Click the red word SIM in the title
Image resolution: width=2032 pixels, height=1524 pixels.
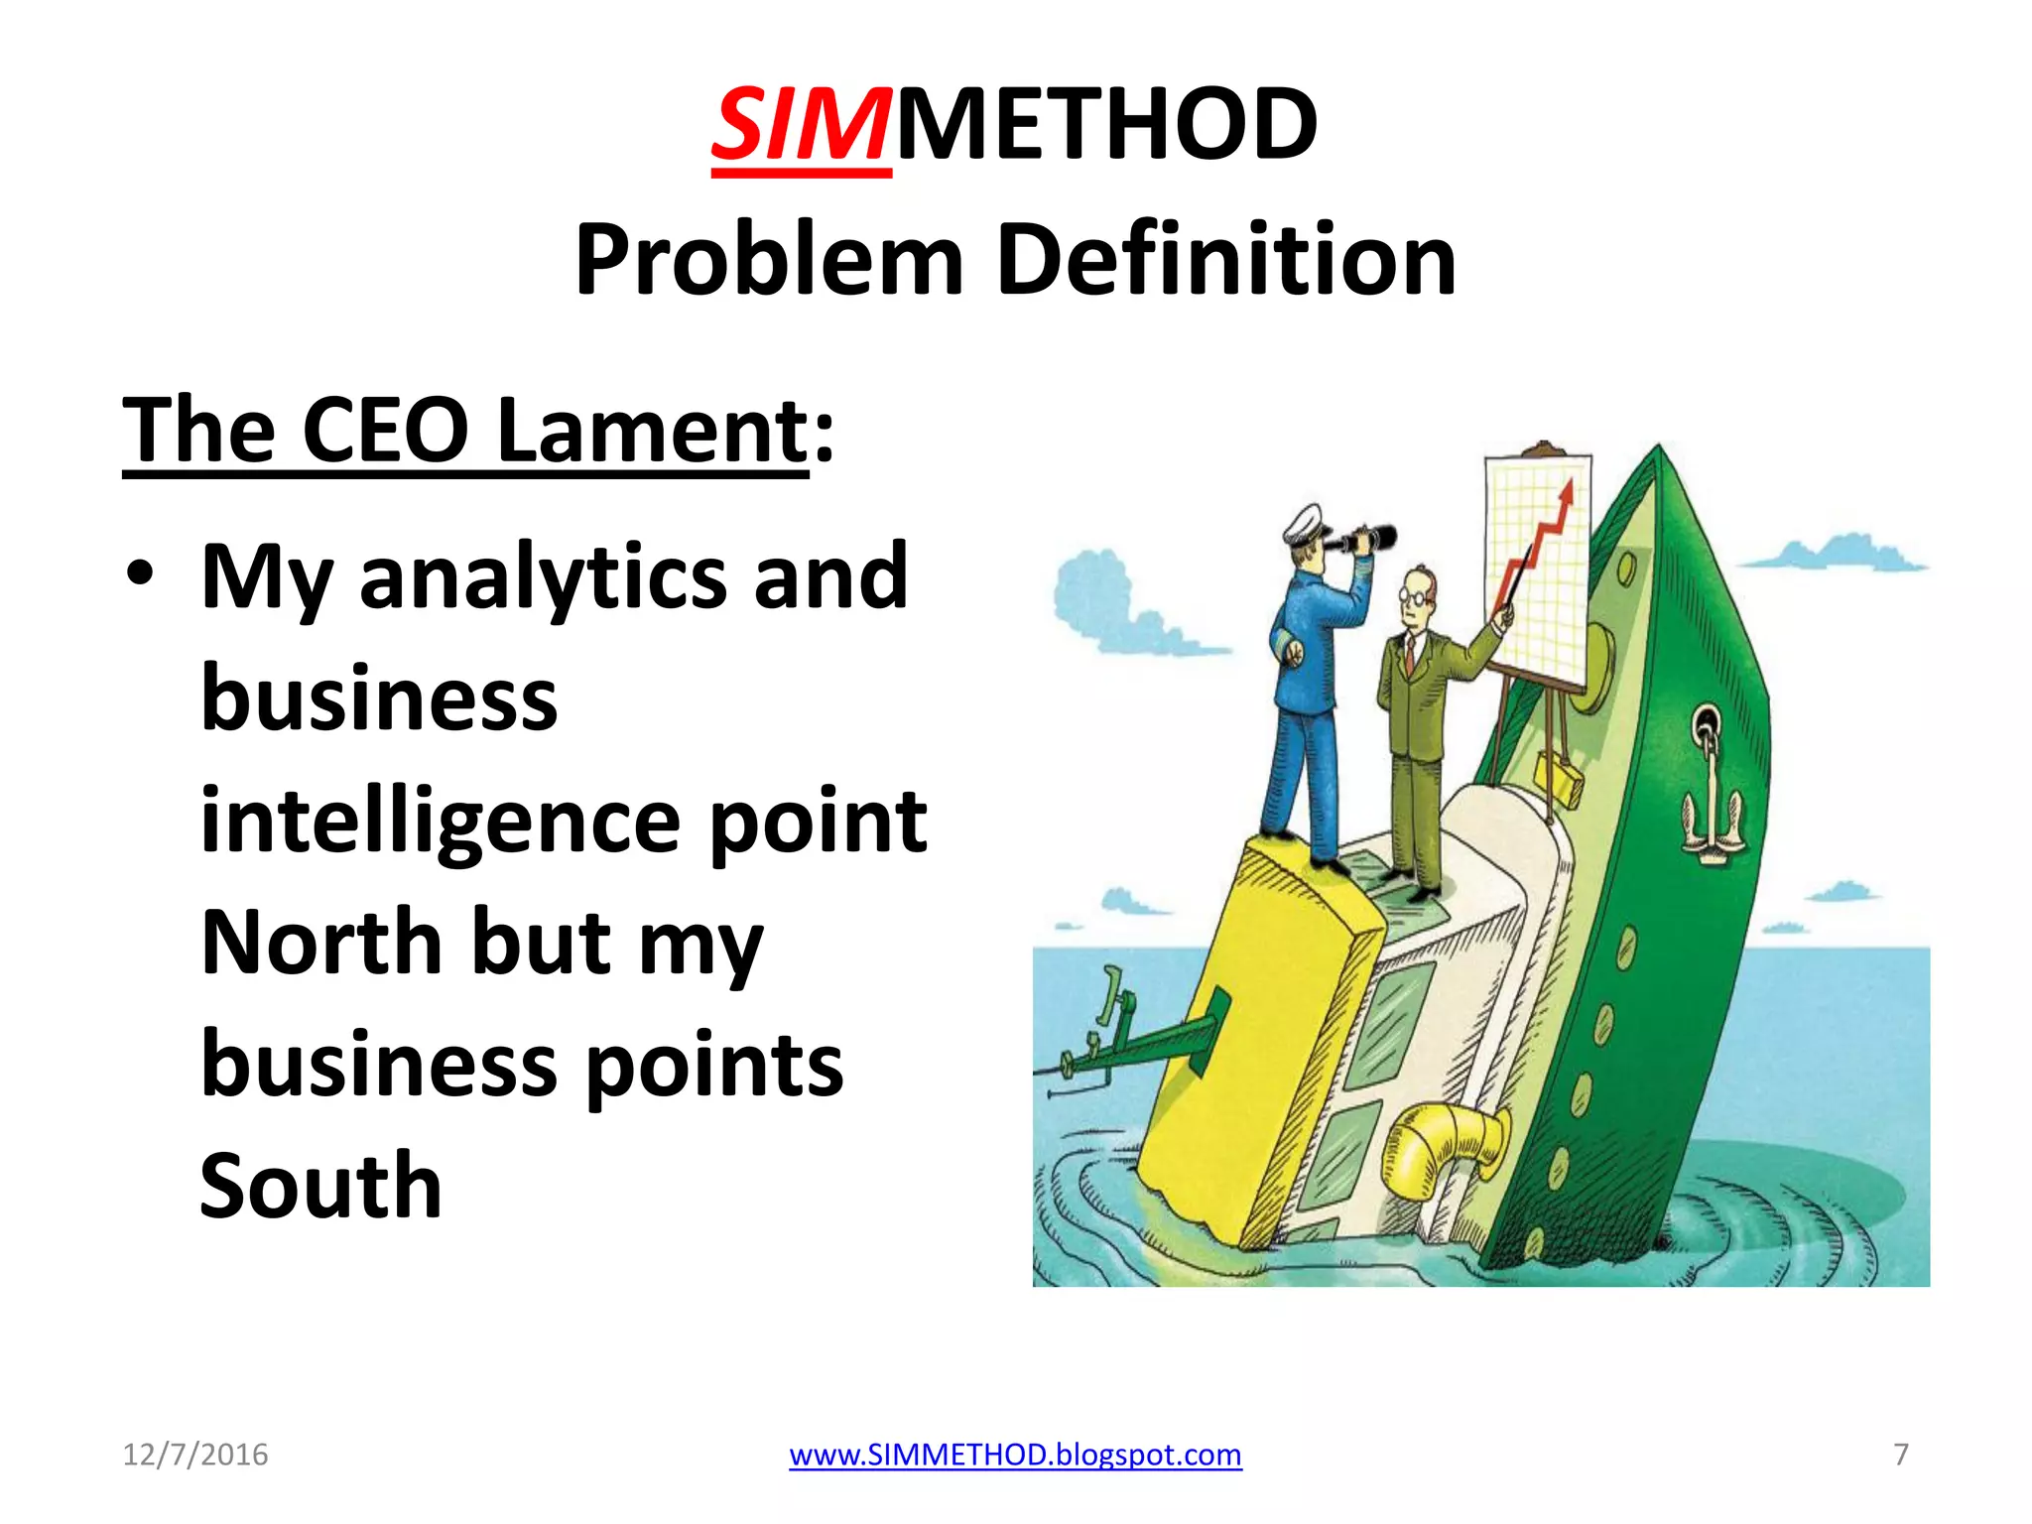tap(801, 126)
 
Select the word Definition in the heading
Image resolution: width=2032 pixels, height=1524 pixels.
tap(1226, 260)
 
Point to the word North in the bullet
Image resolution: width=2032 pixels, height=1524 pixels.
tap(321, 943)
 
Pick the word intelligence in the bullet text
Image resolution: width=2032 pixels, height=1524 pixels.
tap(440, 822)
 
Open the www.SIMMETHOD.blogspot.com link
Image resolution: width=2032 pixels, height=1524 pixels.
tap(1015, 1455)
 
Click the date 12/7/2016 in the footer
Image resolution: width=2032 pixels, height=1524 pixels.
tap(195, 1455)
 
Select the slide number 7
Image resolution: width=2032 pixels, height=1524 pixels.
tap(1901, 1455)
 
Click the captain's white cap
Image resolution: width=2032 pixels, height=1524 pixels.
tap(1304, 523)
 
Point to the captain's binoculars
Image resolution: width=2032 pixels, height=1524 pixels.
tap(1363, 540)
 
